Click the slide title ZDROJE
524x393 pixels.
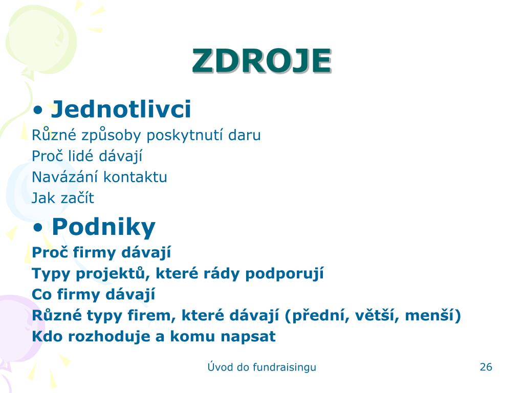coord(261,61)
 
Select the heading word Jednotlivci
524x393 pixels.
coord(121,109)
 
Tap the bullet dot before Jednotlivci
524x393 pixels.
coord(38,110)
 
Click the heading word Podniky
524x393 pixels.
coord(103,227)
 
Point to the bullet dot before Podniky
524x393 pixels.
coord(38,228)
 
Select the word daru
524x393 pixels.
coord(244,135)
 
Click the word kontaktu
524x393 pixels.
coord(135,177)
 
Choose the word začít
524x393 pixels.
coord(78,198)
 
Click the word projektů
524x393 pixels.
coord(111,274)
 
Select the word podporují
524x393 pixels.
coord(284,274)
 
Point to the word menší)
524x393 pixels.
coord(433,315)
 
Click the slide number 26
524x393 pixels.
coord(486,367)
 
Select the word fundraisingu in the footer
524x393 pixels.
coord(284,367)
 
